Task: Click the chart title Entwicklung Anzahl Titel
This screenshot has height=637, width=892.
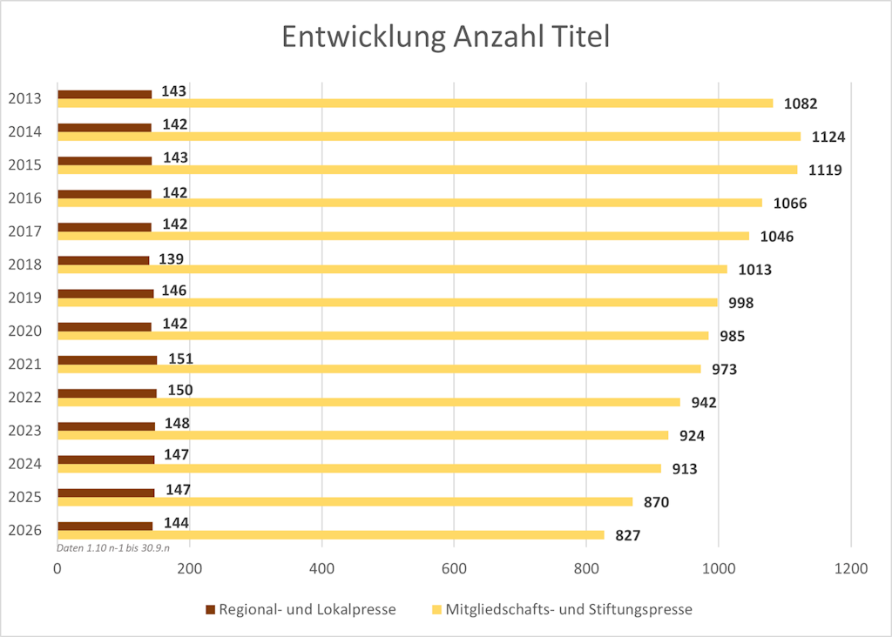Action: (445, 37)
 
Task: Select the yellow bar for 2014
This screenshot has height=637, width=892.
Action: (429, 136)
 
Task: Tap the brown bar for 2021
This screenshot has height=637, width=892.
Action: (107, 359)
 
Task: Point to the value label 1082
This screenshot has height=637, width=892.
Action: (801, 104)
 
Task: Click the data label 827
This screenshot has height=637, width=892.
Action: (627, 535)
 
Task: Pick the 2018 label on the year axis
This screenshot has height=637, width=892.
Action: (25, 265)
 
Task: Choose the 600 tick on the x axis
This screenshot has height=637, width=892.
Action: (454, 569)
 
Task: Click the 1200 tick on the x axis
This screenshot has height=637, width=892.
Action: (850, 569)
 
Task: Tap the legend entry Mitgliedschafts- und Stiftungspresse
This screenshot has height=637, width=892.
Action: (568, 609)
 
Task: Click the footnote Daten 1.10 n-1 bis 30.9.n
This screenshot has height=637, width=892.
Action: (113, 548)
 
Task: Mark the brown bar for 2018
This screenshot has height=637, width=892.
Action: (103, 260)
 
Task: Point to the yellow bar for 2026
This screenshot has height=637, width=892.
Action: (331, 534)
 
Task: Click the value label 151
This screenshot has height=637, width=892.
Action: (179, 359)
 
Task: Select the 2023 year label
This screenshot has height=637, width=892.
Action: (25, 430)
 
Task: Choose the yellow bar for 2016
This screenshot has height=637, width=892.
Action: (409, 203)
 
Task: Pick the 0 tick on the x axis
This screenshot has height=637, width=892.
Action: (57, 569)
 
